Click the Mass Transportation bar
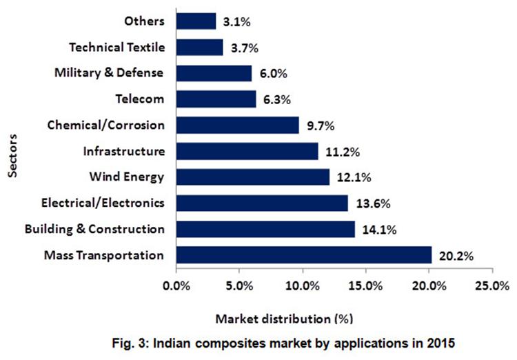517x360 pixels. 303,254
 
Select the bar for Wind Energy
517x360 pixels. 253,177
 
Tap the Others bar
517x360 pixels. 196,21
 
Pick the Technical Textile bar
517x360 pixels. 200,47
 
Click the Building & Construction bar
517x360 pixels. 265,229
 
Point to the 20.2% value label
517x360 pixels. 455,256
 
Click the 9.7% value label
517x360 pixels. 321,126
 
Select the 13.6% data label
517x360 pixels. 369,203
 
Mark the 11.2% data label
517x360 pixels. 340,152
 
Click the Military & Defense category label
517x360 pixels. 109,73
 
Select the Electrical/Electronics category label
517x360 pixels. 103,203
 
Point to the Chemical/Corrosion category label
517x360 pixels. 106,125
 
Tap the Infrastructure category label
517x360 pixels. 123,151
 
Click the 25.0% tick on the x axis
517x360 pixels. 491,286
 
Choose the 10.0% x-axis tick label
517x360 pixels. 302,286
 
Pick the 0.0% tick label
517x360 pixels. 176,286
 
